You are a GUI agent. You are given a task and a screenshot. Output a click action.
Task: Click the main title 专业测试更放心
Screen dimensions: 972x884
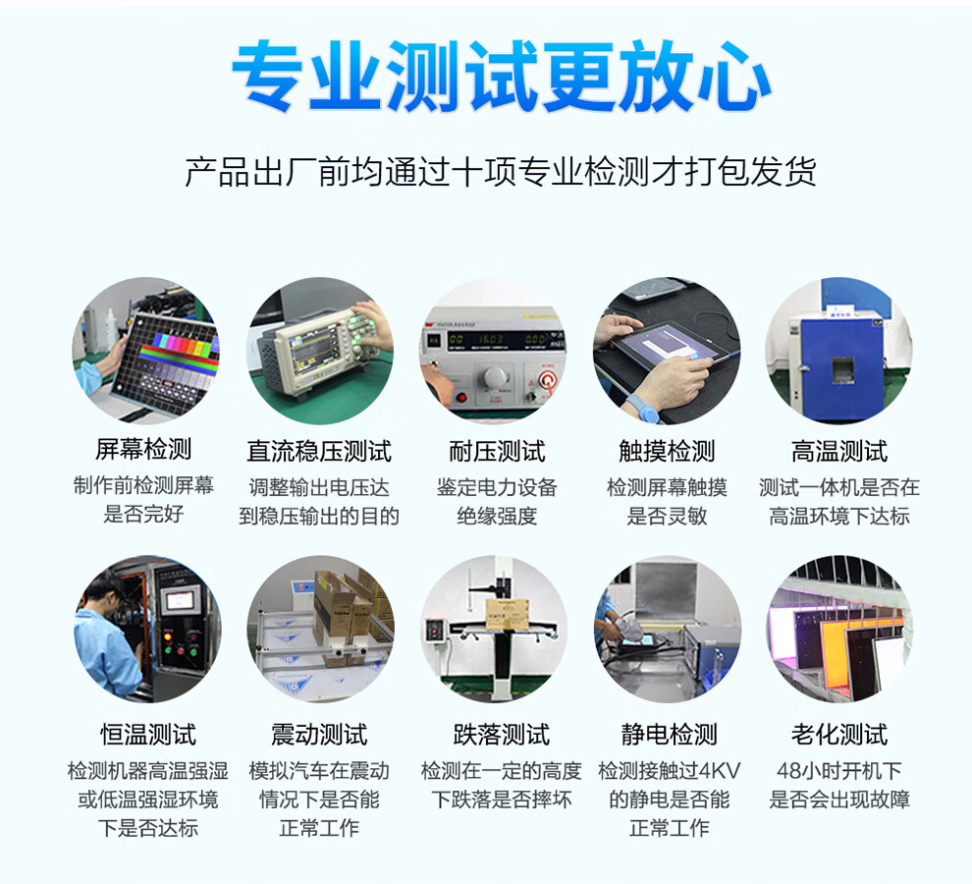click(501, 77)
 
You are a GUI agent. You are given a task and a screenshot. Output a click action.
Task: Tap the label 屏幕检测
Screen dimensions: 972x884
click(143, 449)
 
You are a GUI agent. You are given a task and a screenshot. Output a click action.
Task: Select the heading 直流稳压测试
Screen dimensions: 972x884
click(319, 451)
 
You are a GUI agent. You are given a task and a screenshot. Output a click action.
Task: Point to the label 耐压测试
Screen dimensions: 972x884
click(497, 451)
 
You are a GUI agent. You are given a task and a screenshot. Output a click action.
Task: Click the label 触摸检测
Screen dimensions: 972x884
click(667, 451)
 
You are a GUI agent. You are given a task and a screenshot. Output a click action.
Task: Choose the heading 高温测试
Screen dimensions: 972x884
click(839, 451)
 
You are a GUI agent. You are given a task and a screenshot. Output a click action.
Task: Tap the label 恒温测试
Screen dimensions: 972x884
click(148, 735)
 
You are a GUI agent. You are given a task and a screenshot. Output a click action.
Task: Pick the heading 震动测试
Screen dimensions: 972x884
click(319, 735)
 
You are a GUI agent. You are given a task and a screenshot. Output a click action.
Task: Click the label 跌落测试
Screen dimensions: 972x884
click(501, 735)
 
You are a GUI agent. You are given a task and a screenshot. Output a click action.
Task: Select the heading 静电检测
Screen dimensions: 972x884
click(670, 735)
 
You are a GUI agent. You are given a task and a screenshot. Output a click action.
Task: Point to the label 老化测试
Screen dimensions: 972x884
click(839, 735)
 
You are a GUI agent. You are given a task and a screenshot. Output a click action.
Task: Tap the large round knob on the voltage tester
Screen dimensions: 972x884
click(496, 378)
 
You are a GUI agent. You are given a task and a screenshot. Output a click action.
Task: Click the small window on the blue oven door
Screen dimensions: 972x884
click(842, 369)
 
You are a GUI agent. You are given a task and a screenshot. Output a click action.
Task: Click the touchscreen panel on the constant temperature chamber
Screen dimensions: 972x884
click(180, 600)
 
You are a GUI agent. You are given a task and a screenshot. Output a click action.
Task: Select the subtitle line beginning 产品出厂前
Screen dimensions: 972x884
click(501, 172)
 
